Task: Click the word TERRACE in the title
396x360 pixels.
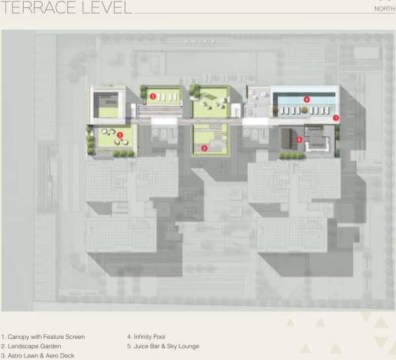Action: (x=39, y=8)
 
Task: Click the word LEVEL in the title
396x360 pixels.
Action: (x=105, y=8)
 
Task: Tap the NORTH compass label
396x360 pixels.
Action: (x=385, y=9)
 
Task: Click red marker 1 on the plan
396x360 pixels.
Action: (x=335, y=117)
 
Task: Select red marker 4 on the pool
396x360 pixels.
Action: (x=306, y=99)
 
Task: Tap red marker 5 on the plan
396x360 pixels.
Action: (x=299, y=139)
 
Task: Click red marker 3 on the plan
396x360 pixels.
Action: (x=205, y=149)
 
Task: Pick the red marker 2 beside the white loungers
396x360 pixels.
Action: (x=152, y=96)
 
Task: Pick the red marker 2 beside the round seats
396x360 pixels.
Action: (x=119, y=135)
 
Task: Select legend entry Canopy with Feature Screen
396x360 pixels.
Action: (x=44, y=337)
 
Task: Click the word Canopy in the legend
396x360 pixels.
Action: (x=19, y=337)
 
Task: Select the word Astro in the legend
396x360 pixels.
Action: (x=16, y=355)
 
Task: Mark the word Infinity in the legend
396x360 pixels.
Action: (x=148, y=337)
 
